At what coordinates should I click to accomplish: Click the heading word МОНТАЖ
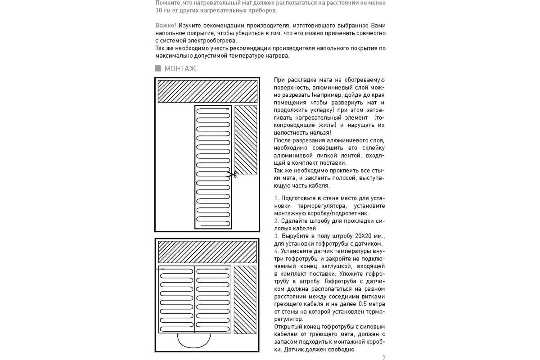click(180, 69)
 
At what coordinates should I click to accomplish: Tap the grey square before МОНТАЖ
click(158, 68)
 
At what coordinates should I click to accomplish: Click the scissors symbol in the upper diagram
click(232, 174)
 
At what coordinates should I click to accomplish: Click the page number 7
click(384, 358)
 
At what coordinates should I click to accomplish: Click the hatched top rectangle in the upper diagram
click(207, 91)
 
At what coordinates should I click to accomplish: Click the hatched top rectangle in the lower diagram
click(207, 252)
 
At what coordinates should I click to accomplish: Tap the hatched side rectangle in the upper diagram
click(246, 139)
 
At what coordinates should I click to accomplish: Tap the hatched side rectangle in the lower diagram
click(245, 300)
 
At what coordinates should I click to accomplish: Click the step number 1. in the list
click(276, 198)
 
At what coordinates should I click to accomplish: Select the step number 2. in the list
click(276, 221)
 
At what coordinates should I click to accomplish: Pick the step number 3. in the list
click(276, 236)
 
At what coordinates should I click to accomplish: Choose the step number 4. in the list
click(276, 251)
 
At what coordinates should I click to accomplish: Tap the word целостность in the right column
click(290, 133)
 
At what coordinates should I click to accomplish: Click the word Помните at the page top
click(166, 3)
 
